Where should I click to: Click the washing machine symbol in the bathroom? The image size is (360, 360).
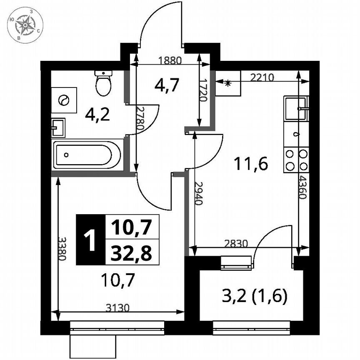(64, 100)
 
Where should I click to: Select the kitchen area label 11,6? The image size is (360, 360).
(250, 164)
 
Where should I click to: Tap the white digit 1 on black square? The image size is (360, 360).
(90, 240)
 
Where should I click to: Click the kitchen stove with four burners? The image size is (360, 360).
(296, 160)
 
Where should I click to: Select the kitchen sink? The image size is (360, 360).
(296, 108)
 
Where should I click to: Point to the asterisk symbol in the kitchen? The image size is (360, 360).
(227, 83)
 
